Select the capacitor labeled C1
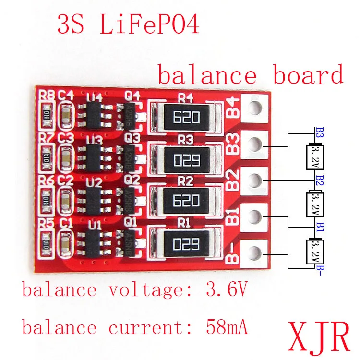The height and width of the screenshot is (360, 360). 65,241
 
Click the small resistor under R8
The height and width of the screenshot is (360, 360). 47,115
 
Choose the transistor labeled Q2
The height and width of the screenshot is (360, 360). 129,200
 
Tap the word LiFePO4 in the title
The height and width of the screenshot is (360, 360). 149,24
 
